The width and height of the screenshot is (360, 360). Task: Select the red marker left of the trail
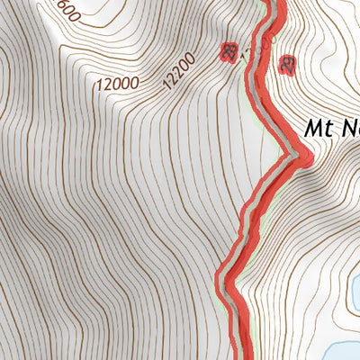pos(229,53)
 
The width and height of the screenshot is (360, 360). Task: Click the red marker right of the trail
pos(289,65)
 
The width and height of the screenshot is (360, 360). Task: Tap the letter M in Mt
pos(313,129)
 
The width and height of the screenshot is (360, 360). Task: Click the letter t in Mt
pos(328,129)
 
